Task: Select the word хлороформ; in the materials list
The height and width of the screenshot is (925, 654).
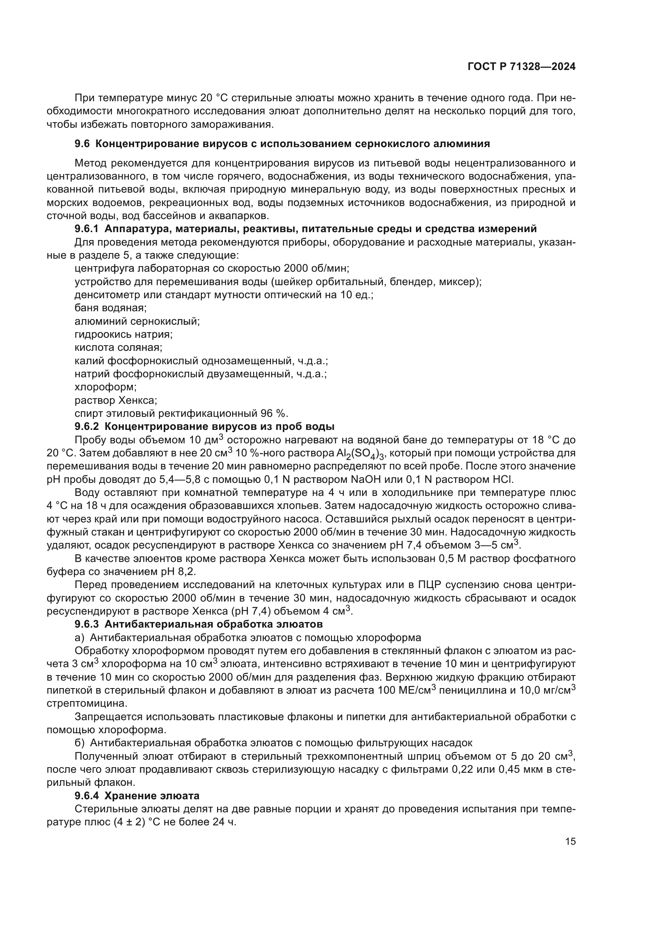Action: click(x=106, y=387)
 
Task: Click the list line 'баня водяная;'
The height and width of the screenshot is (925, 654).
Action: click(x=110, y=308)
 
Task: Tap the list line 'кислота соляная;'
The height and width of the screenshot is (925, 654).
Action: click(x=118, y=347)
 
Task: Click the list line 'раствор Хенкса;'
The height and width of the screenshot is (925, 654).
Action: click(x=115, y=401)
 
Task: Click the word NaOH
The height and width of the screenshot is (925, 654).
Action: click(x=368, y=479)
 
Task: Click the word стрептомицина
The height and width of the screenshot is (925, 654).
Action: click(x=87, y=704)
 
